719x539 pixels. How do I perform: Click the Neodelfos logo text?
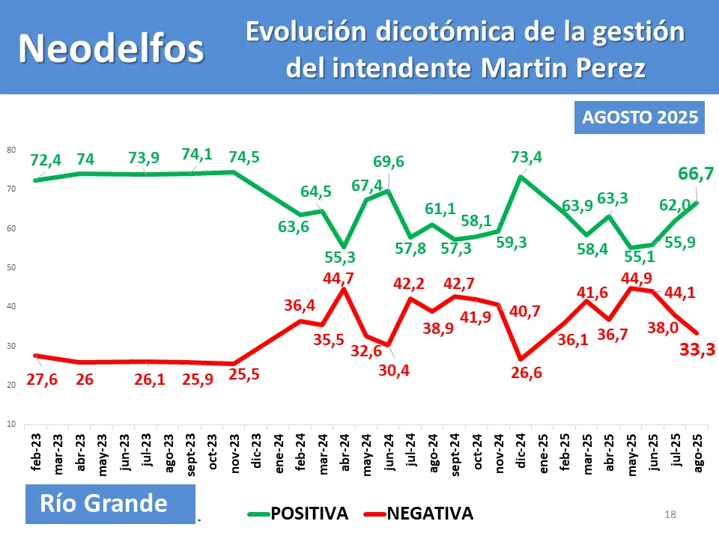111,47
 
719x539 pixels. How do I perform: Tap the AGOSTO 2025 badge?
640,118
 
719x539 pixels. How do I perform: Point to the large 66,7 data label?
695,174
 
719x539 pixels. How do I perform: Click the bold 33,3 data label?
697,349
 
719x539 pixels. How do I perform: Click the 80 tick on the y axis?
11,150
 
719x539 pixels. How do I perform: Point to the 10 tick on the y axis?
11,424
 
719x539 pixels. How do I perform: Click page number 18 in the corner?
670,514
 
